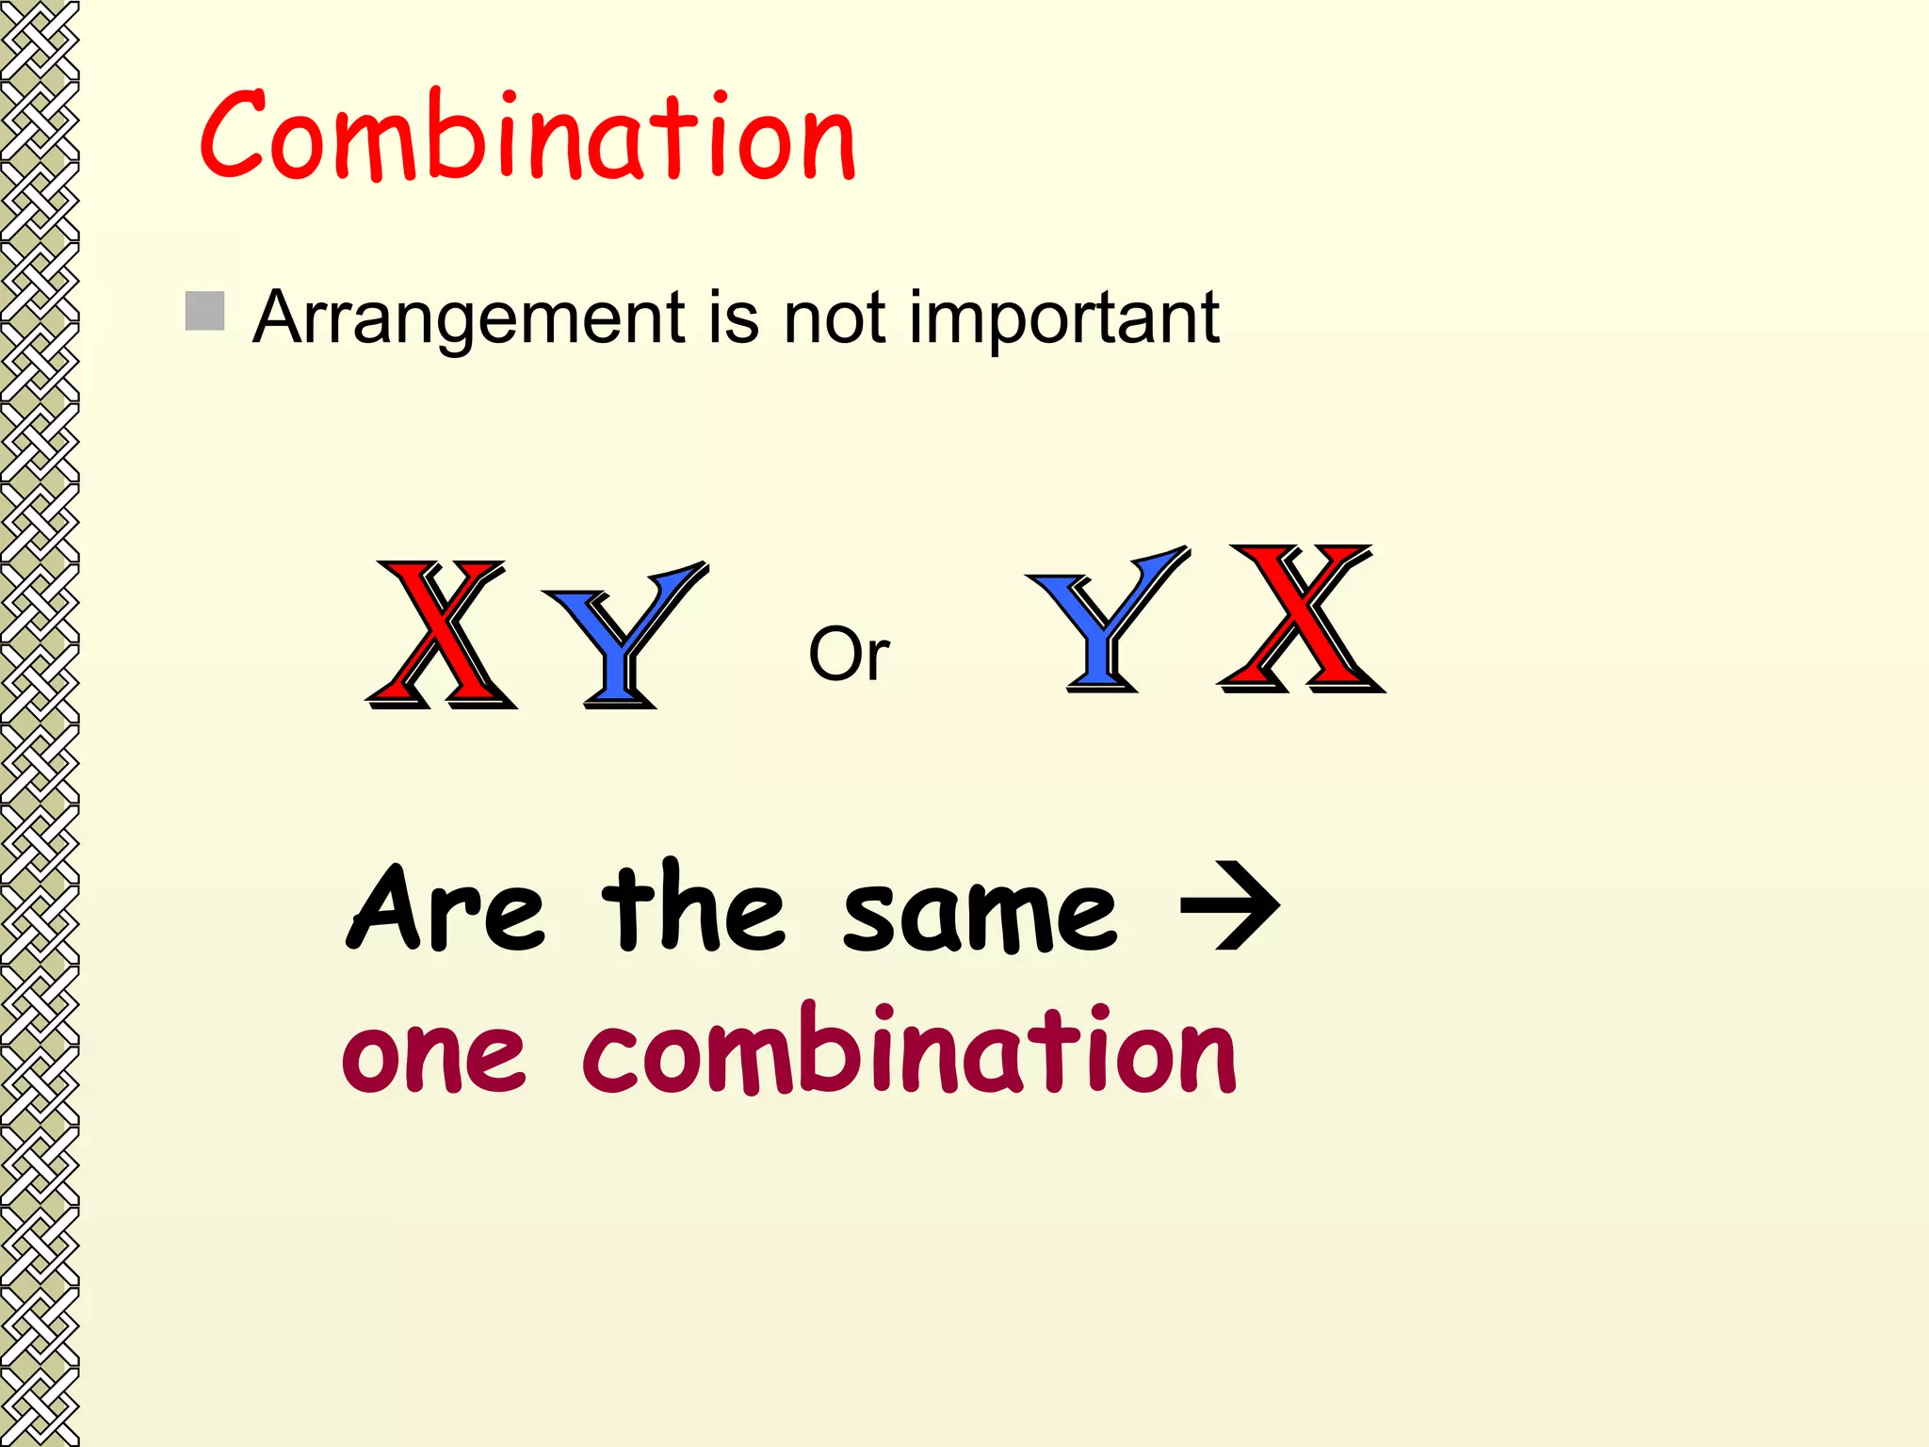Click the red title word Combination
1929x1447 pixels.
pos(527,137)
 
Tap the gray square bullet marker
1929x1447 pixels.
pos(204,311)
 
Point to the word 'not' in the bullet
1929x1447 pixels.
pos(834,318)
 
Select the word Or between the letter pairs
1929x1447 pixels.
pos(849,654)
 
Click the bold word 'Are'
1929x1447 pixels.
pos(447,909)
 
